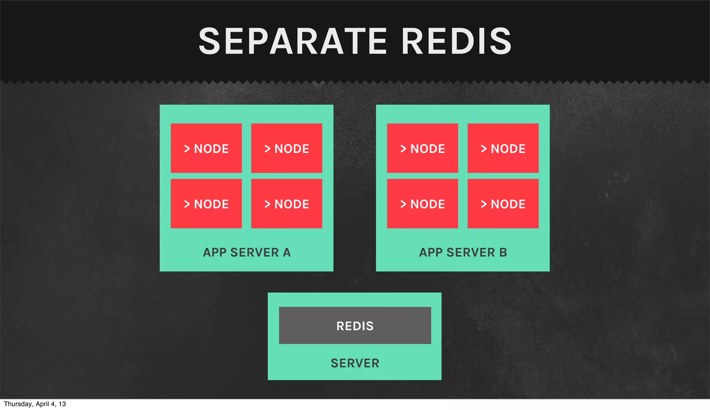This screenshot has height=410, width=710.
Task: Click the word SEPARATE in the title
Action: [293, 42]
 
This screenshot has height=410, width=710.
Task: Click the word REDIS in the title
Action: [456, 42]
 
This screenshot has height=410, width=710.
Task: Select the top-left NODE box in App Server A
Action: [206, 148]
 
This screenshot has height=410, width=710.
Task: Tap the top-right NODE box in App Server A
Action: [287, 148]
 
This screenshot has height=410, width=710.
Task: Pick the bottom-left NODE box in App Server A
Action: [206, 204]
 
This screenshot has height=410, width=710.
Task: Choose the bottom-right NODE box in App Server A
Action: [287, 204]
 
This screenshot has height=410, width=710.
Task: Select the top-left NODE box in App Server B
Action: [423, 148]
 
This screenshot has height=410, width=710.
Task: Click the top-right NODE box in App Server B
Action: [503, 148]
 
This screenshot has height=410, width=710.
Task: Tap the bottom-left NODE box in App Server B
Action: [423, 204]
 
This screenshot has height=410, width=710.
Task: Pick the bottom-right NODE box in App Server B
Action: [503, 204]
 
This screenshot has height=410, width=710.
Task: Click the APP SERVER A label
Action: [247, 252]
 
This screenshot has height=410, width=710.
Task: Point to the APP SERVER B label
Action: [463, 252]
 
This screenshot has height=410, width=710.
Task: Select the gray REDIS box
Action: [355, 326]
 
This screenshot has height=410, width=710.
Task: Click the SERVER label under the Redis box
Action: [355, 363]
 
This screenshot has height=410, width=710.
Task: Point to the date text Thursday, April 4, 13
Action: [35, 404]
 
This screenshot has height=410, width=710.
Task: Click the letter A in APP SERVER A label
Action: [287, 252]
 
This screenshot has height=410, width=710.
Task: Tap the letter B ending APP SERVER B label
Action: [503, 252]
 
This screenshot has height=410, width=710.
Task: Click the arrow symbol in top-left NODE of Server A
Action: [187, 149]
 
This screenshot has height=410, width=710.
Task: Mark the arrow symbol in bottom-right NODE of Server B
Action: [484, 204]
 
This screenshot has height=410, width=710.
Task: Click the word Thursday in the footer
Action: [18, 404]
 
